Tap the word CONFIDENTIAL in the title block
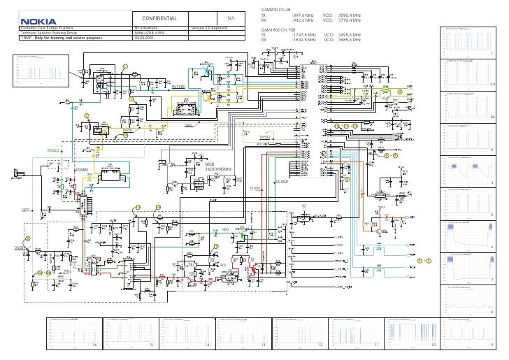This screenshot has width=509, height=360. (x=159, y=18)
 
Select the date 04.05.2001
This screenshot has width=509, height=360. (x=145, y=38)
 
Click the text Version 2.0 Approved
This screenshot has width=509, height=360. (x=209, y=28)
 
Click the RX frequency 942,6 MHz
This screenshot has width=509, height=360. (x=302, y=20)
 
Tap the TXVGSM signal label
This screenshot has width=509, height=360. (x=81, y=169)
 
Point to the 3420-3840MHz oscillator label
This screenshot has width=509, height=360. (x=219, y=168)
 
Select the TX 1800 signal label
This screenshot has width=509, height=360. (x=282, y=181)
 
